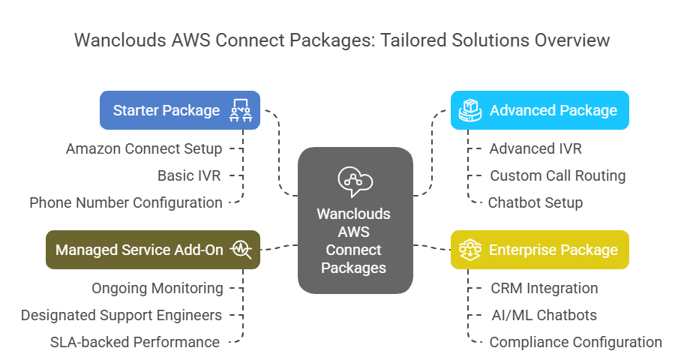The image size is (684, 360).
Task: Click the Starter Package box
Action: pyautogui.click(x=180, y=110)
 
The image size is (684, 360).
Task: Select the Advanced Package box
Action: pyautogui.click(x=539, y=110)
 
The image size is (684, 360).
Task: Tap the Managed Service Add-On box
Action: pyautogui.click(x=153, y=250)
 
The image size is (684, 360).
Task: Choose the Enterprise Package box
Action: pyautogui.click(x=539, y=250)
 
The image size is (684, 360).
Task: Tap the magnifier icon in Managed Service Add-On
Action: pyautogui.click(x=242, y=250)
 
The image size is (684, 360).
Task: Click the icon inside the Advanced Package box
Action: pyautogui.click(x=469, y=110)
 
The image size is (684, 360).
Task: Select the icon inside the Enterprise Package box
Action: pyautogui.click(x=469, y=250)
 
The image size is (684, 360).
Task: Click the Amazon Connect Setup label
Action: pyautogui.click(x=144, y=148)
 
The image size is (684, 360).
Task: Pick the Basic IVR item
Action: pyautogui.click(x=190, y=175)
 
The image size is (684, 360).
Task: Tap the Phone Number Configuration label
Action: pyautogui.click(x=126, y=202)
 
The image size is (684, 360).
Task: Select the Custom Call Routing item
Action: pyautogui.click(x=557, y=175)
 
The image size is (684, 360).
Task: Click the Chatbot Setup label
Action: pyautogui.click(x=535, y=202)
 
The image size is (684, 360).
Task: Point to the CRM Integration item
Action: pyautogui.click(x=544, y=288)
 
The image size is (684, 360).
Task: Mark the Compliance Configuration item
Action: pyautogui.click(x=575, y=342)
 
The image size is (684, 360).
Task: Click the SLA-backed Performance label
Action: pyautogui.click(x=135, y=342)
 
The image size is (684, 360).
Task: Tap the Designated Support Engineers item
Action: pyautogui.click(x=121, y=315)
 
